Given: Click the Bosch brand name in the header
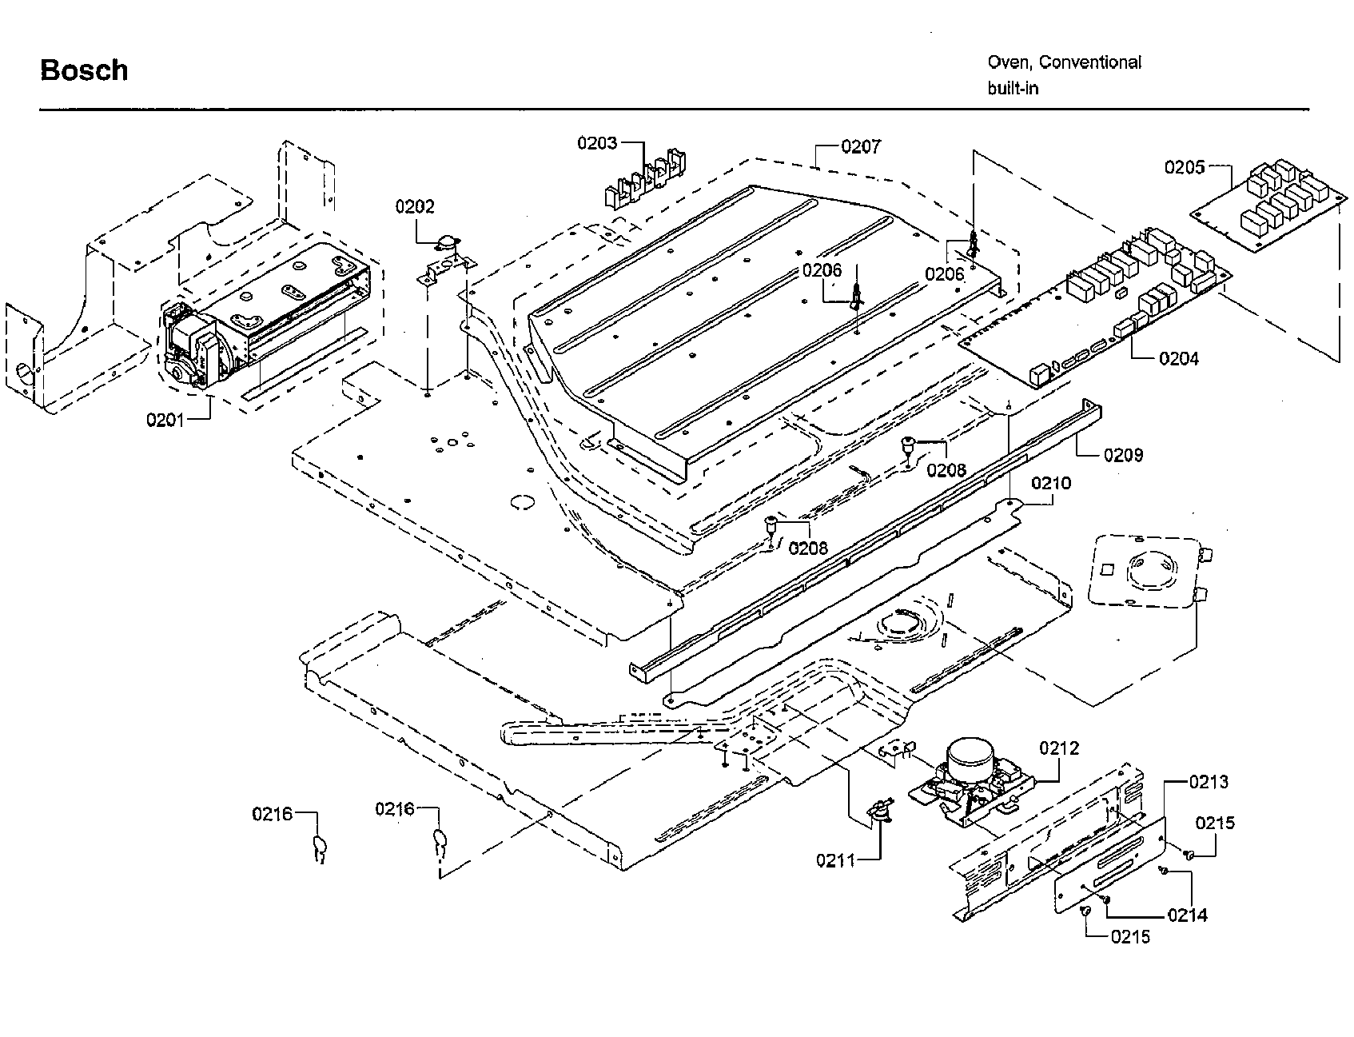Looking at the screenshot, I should [x=84, y=70].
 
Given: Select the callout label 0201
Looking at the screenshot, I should [x=165, y=419].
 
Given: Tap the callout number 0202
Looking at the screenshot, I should [x=415, y=207].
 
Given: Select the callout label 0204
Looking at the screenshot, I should [x=1179, y=358].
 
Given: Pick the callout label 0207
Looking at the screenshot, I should [x=861, y=147].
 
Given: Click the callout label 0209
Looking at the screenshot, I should [x=1123, y=455].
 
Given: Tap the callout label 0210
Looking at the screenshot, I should [x=1051, y=483].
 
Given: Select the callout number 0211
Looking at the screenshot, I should [x=835, y=860].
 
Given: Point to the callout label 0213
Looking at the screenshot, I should [x=1209, y=782].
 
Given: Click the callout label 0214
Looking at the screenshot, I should [x=1187, y=915].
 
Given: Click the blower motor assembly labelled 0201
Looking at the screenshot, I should [x=264, y=320].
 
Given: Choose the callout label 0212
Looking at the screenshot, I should [x=1059, y=748].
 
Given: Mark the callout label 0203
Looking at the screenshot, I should [x=597, y=143].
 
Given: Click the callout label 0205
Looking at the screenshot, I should [x=1184, y=167].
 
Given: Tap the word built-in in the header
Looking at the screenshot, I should [x=1013, y=89].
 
